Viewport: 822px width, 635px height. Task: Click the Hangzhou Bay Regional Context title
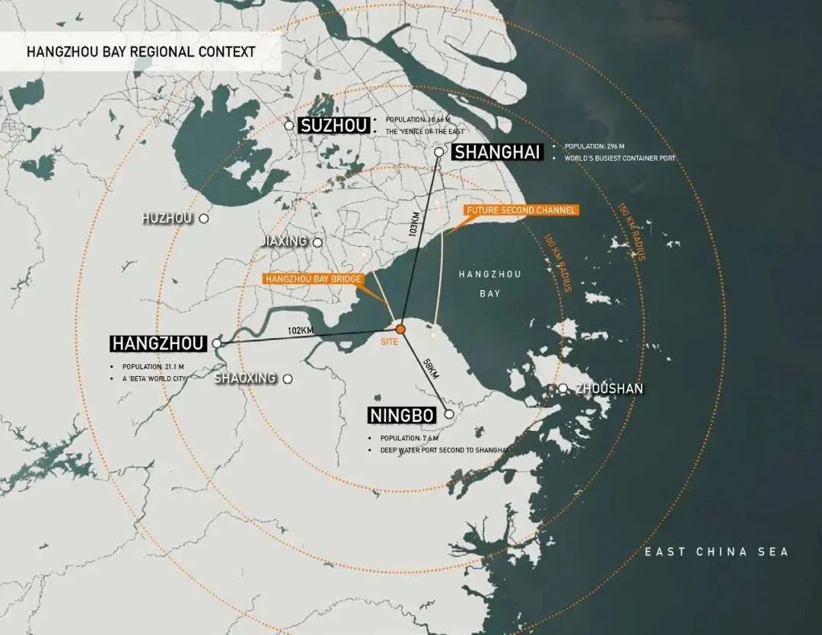141,53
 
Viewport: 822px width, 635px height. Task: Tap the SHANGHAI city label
497,152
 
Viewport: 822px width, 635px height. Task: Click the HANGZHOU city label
158,344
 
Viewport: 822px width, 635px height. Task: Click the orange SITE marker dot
400,328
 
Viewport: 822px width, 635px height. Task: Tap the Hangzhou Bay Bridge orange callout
313,279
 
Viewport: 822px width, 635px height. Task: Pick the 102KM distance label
301,330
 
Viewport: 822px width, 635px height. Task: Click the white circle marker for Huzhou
204,219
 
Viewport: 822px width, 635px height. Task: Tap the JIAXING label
283,241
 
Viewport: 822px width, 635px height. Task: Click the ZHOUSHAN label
609,389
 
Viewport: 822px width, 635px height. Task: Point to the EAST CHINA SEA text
716,552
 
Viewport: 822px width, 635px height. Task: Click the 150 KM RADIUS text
632,232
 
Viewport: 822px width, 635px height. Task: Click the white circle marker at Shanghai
439,152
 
